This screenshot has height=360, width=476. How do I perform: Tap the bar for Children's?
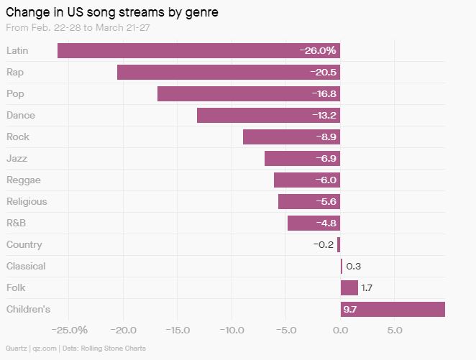click(393, 309)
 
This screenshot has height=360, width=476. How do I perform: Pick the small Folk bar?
click(349, 287)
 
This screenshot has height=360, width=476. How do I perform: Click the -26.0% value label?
click(318, 51)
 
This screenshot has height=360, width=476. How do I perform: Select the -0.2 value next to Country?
click(324, 245)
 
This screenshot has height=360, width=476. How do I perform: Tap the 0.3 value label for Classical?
click(353, 267)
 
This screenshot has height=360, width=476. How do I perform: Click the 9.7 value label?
click(350, 310)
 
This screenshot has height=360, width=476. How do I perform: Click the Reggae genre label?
click(23, 180)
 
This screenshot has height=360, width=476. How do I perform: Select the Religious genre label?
click(27, 201)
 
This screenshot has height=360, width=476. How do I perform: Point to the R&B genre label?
click(17, 223)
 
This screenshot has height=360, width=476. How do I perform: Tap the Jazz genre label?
click(17, 158)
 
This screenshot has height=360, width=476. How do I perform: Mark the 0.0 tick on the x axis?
click(340, 331)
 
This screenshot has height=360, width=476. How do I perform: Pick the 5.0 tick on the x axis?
click(394, 331)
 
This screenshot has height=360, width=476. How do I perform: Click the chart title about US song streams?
click(104, 12)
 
